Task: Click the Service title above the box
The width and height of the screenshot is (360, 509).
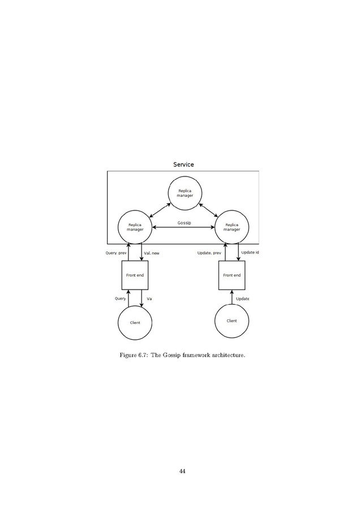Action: (x=183, y=165)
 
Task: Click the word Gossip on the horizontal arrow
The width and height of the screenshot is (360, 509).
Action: (x=184, y=223)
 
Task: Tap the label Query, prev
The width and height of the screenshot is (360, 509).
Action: (x=116, y=253)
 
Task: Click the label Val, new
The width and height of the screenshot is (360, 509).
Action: (x=151, y=253)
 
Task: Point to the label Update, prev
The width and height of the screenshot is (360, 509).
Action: (x=209, y=253)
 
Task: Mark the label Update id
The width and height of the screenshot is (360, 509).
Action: (x=250, y=252)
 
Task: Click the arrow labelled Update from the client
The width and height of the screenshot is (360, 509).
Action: (x=232, y=297)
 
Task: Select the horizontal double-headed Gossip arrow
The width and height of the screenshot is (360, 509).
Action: (x=183, y=227)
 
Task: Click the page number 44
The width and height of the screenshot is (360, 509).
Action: (x=182, y=471)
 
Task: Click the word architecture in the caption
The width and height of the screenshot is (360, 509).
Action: (x=229, y=355)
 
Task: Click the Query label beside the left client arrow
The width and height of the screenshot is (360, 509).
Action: (x=120, y=299)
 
